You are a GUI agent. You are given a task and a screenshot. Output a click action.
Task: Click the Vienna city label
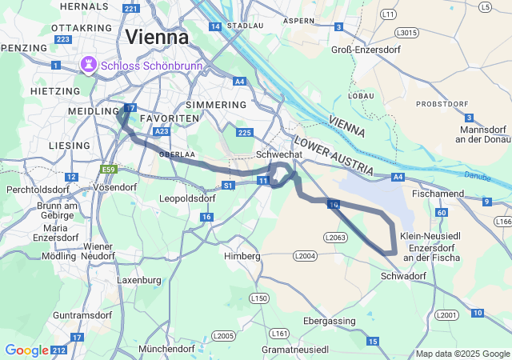click(157, 38)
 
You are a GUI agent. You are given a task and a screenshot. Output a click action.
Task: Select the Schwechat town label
click(278, 154)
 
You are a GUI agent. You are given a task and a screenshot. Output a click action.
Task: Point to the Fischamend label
click(437, 194)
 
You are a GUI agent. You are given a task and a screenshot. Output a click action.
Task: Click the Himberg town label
click(242, 256)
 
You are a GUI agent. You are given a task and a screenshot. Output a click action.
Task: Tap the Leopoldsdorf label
click(188, 198)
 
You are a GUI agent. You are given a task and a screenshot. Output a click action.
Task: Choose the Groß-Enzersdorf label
click(359, 50)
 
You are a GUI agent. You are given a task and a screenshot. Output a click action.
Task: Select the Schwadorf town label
click(404, 275)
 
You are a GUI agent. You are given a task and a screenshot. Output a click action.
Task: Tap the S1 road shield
click(228, 185)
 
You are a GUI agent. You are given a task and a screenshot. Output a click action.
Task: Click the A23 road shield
click(162, 131)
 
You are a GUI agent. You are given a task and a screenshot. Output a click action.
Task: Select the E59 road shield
click(109, 170)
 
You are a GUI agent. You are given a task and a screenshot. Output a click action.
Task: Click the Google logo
click(26, 350)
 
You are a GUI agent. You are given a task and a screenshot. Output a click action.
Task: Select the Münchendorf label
click(166, 350)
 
